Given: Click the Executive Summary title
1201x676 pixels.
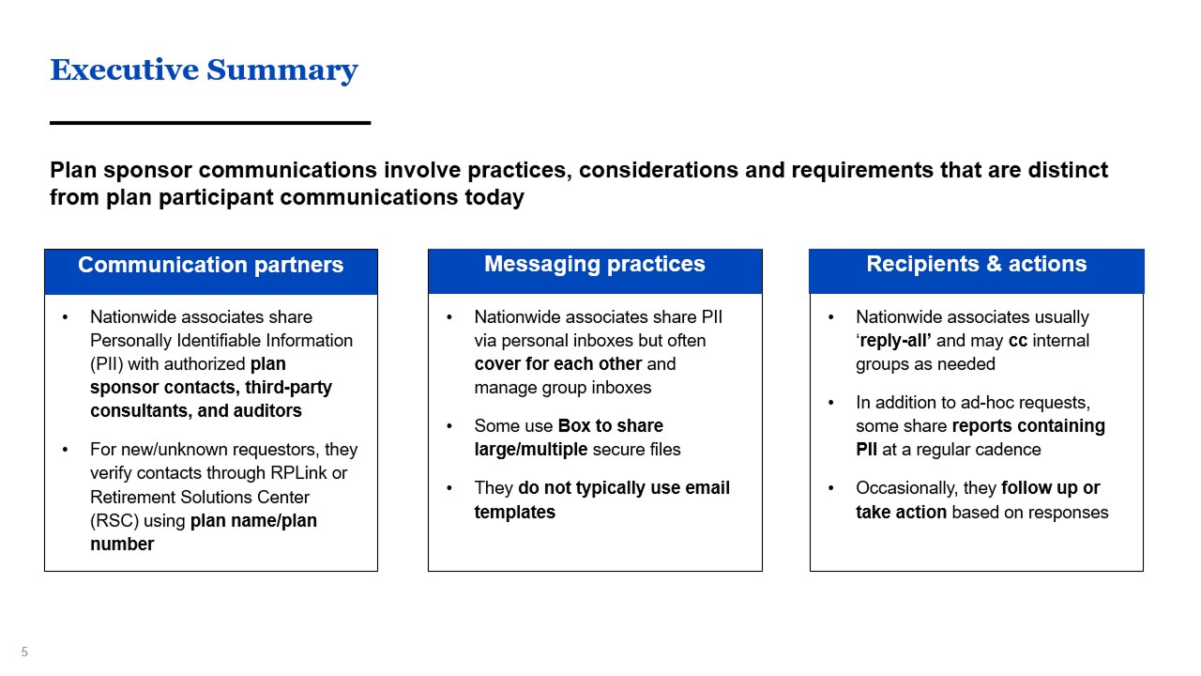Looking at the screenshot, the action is tap(204, 70).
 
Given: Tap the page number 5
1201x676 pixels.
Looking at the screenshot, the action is tap(24, 652).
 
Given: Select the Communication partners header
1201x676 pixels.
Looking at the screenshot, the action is tap(211, 265).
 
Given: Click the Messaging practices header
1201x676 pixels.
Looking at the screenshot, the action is tap(595, 264).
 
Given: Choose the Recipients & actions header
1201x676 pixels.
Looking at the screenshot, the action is tap(977, 264).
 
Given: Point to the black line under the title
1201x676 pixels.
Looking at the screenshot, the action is tap(210, 123).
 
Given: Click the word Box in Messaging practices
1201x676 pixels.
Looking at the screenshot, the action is tap(574, 425).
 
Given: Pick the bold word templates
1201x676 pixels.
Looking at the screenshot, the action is tap(515, 512).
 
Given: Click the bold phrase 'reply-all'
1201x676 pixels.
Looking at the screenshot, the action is tap(893, 341).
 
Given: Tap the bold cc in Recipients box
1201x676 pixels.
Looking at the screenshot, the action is tap(1018, 341).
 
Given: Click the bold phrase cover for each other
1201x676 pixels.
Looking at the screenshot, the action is tap(558, 363).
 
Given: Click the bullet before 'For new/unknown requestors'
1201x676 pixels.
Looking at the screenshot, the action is tap(66, 450).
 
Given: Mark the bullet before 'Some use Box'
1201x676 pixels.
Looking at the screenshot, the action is tap(449, 426).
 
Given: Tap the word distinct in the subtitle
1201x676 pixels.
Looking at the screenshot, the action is tap(1068, 170).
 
